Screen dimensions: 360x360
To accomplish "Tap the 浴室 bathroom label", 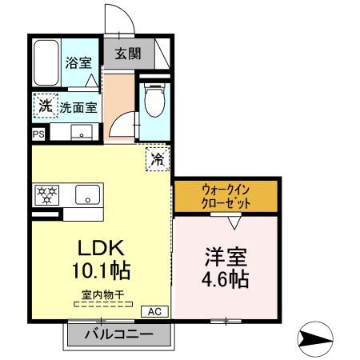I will pos(78,62).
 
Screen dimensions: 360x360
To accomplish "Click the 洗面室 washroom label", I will pos(78,106).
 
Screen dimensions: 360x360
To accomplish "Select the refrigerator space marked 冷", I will pos(158,158).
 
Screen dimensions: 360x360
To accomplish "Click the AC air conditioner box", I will pos(154,311).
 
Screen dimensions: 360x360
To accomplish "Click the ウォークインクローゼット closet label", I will pos(226,196).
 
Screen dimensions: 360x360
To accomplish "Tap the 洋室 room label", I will pos(226,258).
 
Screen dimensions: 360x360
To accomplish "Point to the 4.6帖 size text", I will pos(226,280).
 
